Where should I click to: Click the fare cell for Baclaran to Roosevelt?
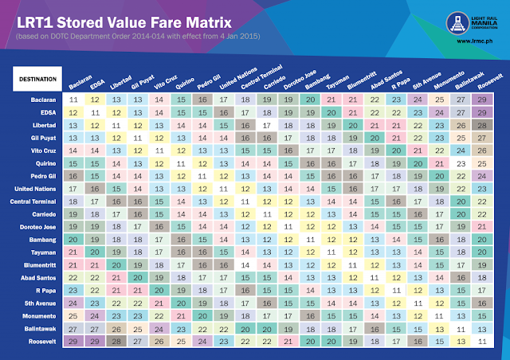[481, 100]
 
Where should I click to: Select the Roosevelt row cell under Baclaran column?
[73, 340]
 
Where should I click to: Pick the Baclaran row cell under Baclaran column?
[73, 100]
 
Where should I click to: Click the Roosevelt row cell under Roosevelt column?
[481, 340]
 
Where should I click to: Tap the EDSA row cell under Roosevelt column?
[481, 112]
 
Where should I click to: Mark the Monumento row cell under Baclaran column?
[73, 315]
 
